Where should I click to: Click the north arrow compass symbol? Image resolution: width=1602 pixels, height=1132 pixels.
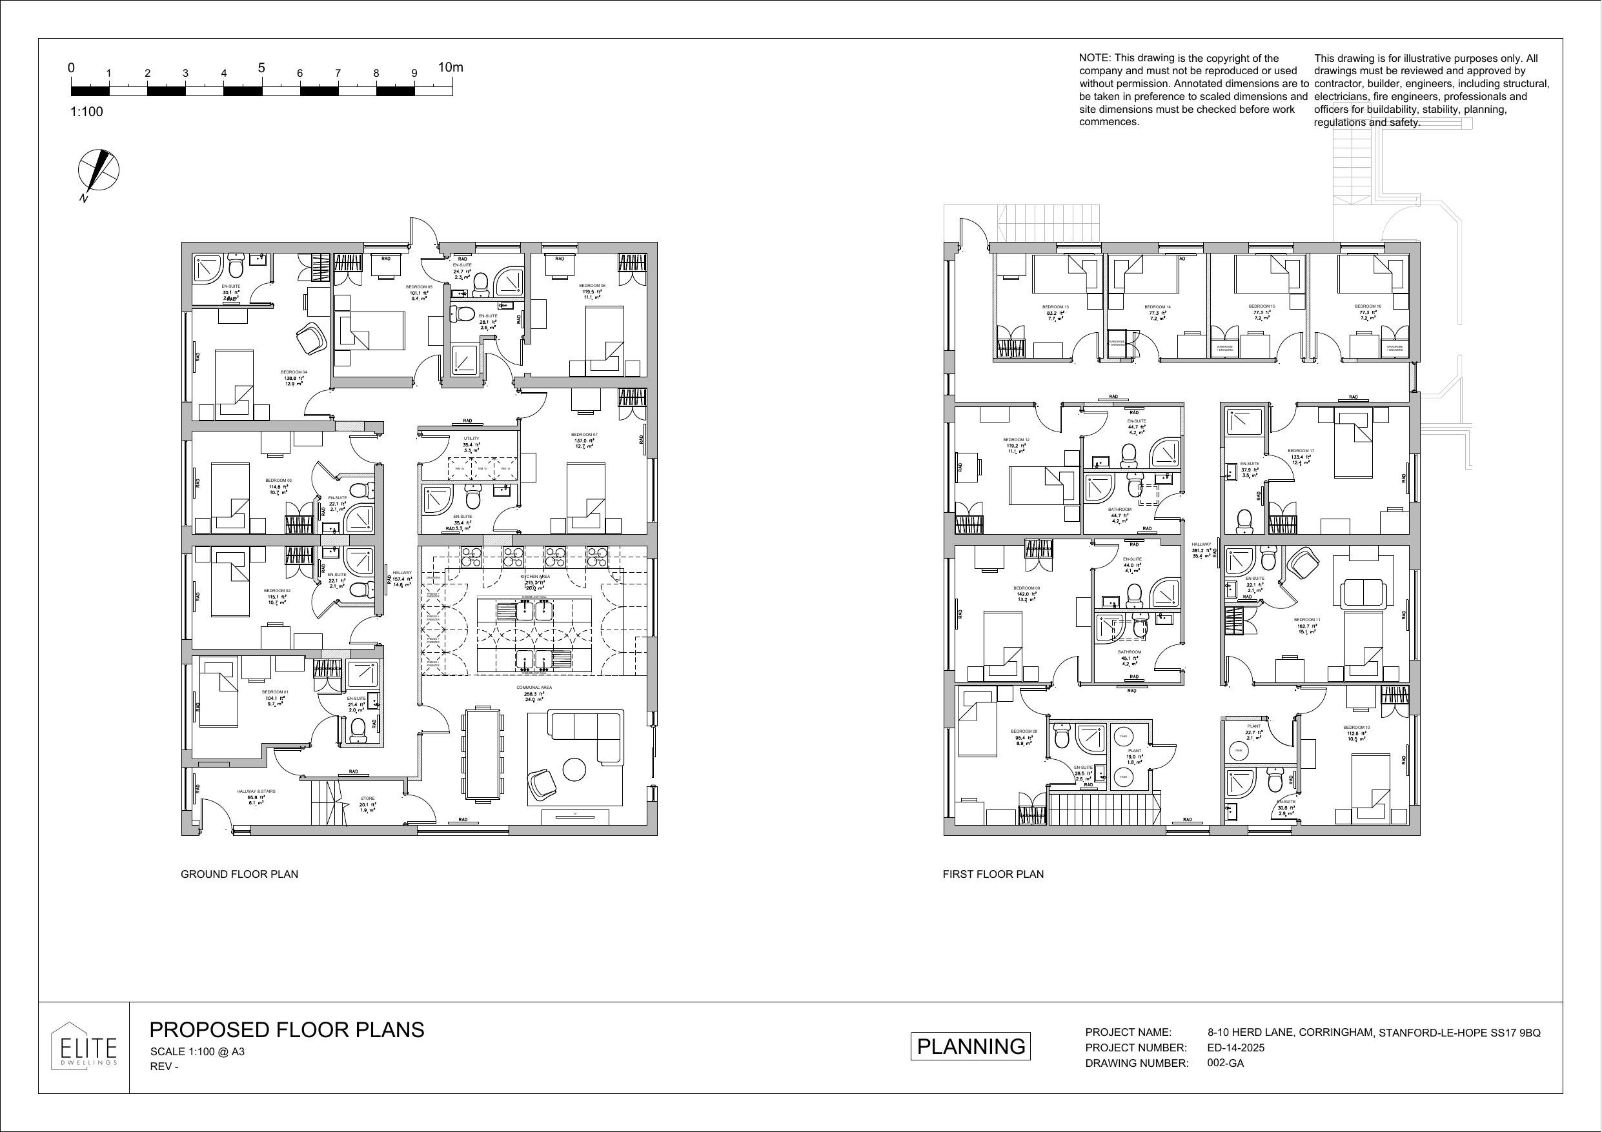[98, 171]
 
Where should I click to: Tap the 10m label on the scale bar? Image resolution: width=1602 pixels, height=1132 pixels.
[450, 68]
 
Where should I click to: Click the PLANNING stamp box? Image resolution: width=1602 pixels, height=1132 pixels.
[970, 1046]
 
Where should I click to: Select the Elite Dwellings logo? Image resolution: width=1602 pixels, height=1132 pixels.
[84, 1048]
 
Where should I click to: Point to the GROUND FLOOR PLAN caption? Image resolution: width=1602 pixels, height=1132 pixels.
[239, 875]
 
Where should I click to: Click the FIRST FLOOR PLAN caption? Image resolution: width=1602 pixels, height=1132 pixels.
[993, 875]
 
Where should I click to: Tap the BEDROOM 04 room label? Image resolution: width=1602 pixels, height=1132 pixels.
[294, 372]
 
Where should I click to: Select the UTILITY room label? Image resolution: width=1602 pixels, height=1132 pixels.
[472, 439]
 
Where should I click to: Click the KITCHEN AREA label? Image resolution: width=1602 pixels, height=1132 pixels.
[535, 577]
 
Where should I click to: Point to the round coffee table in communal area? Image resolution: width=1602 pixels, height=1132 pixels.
[574, 770]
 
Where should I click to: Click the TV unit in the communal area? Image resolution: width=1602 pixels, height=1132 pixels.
[576, 815]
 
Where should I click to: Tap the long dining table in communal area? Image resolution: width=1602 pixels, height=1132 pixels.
[483, 754]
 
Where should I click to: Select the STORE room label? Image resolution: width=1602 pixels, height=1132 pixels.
[368, 799]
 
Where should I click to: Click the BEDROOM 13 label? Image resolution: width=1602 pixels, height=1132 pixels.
[1055, 307]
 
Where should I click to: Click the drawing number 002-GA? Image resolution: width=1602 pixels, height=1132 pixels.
[1225, 1063]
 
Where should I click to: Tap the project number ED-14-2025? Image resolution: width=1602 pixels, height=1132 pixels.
[1235, 1048]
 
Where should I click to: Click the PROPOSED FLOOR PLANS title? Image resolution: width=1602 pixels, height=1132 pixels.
[287, 1030]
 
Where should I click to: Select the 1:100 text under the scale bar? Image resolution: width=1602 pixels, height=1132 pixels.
[86, 112]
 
